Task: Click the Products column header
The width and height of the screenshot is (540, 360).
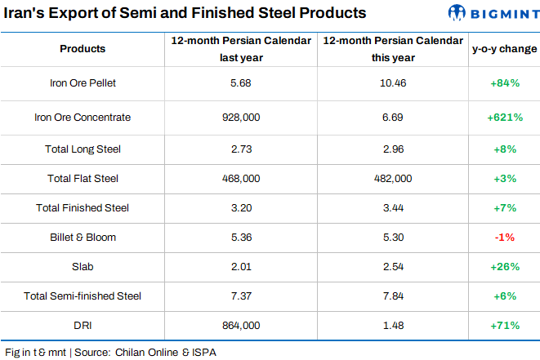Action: [83, 49]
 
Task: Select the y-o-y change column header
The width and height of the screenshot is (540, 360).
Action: [504, 49]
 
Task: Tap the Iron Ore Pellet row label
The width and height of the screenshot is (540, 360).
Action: [83, 83]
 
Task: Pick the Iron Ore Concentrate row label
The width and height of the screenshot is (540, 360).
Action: [83, 118]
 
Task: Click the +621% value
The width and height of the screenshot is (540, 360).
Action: [504, 118]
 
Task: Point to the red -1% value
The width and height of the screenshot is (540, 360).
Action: [504, 238]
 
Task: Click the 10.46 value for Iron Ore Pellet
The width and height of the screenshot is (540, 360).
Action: [391, 83]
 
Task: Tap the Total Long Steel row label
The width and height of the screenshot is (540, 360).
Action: [83, 149]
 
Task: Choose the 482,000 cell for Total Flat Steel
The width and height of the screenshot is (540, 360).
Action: [391, 178]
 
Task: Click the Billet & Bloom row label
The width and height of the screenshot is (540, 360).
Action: [83, 238]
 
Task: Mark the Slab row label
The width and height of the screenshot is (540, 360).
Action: [83, 267]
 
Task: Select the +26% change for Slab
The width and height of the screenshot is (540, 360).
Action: [504, 267]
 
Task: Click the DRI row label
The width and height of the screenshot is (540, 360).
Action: [83, 325]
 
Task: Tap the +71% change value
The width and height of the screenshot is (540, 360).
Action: [504, 325]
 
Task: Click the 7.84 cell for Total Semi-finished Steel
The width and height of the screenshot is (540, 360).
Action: [391, 296]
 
